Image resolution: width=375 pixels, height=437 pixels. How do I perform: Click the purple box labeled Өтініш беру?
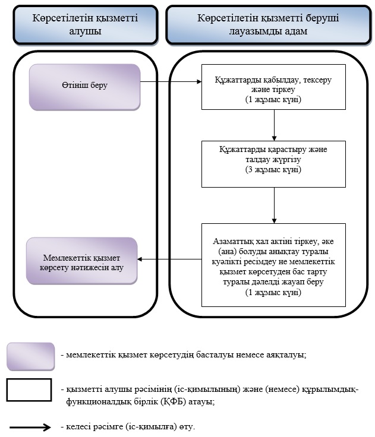click(84, 87)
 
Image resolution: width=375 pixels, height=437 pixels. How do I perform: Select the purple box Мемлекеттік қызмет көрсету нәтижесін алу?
click(82, 261)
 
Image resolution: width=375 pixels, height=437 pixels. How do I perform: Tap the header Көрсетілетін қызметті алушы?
click(86, 25)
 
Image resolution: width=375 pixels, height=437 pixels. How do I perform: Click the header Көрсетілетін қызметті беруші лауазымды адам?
click(269, 25)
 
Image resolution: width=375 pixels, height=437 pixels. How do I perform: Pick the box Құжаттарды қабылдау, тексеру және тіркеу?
click(273, 87)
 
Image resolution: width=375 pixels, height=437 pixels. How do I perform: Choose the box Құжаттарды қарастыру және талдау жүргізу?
click(273, 164)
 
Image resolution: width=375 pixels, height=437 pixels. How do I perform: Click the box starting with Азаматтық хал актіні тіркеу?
click(273, 265)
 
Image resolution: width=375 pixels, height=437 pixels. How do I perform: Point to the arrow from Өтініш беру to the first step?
click(171, 82)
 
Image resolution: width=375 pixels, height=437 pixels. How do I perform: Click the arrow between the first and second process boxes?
click(274, 125)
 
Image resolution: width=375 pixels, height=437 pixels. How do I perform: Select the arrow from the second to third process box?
click(274, 205)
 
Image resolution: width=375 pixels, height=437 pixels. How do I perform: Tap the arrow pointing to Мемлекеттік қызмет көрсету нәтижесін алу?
click(169, 259)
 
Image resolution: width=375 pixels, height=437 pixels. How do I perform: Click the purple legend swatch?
click(31, 356)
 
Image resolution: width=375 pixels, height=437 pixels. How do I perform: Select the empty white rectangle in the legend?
click(29, 389)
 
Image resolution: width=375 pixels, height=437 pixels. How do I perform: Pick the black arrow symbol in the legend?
click(30, 427)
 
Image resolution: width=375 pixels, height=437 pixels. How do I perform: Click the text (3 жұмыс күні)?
click(273, 169)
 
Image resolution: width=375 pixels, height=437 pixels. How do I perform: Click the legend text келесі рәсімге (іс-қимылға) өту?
click(131, 427)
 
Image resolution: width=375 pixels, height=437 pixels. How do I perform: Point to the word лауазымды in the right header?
click(251, 31)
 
